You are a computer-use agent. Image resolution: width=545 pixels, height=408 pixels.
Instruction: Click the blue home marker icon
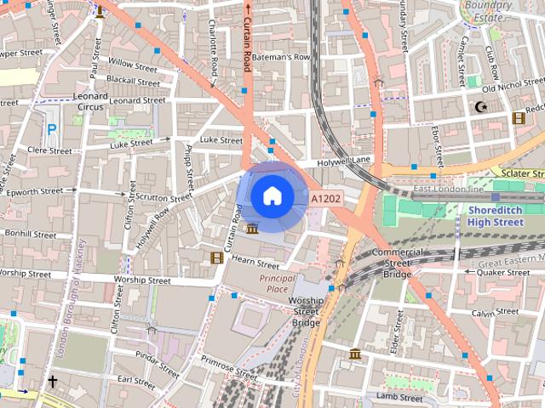(x=272, y=196)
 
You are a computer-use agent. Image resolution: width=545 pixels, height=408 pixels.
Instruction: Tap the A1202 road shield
(x=325, y=199)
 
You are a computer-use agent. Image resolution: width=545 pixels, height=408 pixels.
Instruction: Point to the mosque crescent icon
(x=481, y=107)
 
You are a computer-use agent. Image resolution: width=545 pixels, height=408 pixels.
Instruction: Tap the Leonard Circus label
(x=92, y=102)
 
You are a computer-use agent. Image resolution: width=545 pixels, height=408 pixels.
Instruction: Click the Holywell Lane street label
(x=345, y=160)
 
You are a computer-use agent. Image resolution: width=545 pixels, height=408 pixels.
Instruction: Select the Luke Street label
(x=221, y=139)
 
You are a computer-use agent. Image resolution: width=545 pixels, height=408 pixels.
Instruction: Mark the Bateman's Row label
(x=286, y=57)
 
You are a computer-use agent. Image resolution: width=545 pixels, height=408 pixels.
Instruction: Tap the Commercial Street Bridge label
(x=397, y=263)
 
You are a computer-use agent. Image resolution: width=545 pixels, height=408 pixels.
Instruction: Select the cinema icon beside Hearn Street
(x=217, y=257)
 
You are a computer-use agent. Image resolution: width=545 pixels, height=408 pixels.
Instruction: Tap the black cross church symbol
(x=52, y=382)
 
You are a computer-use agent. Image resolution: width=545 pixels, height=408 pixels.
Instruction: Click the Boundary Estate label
(x=489, y=11)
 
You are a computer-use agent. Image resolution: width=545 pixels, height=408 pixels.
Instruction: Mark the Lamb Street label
(x=399, y=397)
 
